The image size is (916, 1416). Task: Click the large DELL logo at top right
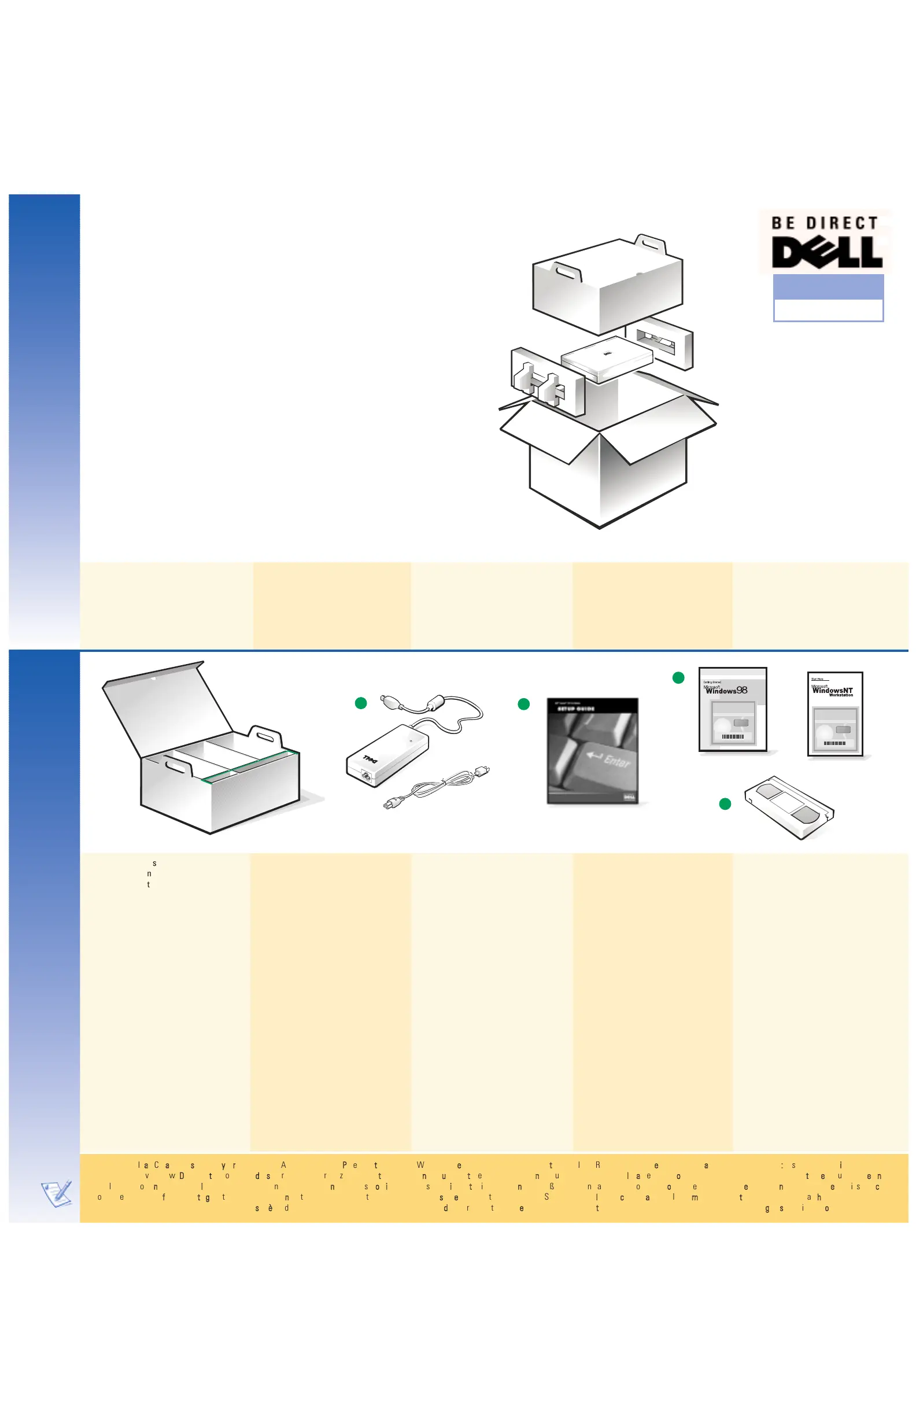(x=826, y=252)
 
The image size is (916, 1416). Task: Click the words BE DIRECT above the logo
(x=825, y=223)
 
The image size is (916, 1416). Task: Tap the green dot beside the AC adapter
(x=360, y=703)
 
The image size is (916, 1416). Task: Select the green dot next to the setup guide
(x=523, y=705)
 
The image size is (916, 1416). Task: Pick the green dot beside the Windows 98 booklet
(x=678, y=678)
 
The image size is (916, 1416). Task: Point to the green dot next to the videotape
(x=725, y=804)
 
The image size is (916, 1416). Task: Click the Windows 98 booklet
(x=733, y=709)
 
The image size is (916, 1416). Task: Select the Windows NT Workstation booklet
(x=835, y=714)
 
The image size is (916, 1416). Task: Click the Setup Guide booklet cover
(x=592, y=751)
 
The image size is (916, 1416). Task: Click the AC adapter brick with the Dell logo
(x=387, y=754)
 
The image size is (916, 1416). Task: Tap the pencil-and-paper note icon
(x=57, y=1193)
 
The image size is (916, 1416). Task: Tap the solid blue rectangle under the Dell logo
(x=828, y=287)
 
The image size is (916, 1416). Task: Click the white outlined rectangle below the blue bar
(x=828, y=310)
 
